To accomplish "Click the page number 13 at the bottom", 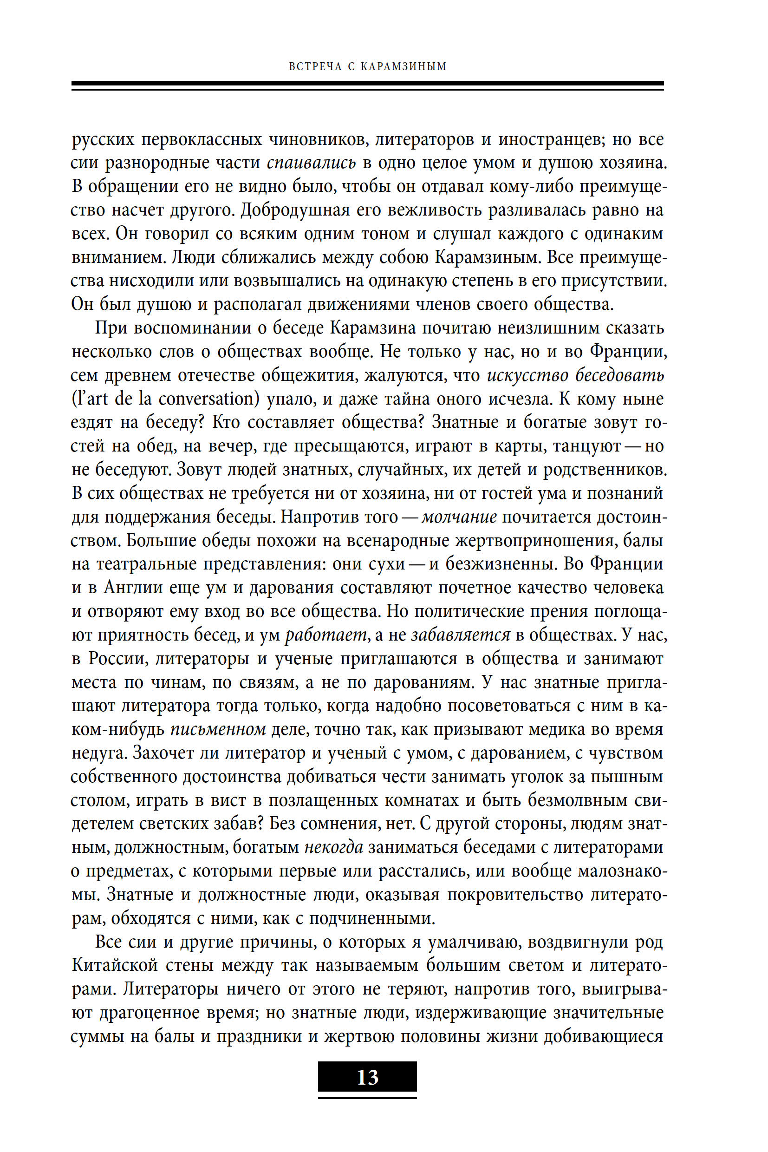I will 367,1077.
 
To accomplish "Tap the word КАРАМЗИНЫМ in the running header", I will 404,66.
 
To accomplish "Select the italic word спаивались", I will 311,163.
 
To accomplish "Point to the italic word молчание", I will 459,517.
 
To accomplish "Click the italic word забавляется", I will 461,635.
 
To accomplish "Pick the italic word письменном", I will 218,730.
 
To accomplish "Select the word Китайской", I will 115,965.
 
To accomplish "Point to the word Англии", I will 132,588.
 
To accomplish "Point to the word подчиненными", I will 371,918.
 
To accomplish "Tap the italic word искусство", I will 527,375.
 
